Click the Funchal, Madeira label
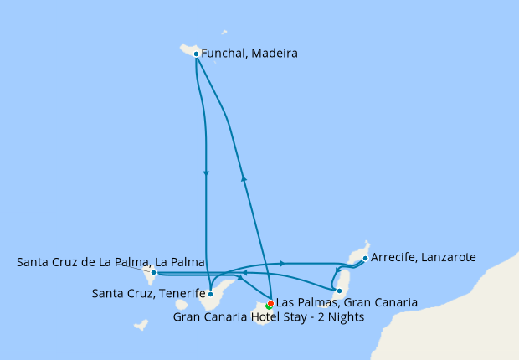point(249,53)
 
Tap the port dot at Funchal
point(196,54)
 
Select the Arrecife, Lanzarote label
point(423,257)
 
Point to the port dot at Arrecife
point(365,258)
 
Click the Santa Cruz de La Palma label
point(110,263)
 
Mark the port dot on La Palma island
point(153,272)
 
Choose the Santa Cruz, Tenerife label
point(148,293)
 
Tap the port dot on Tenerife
point(211,294)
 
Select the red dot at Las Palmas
point(270,303)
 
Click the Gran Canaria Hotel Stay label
point(268,316)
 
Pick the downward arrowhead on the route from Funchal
point(206,172)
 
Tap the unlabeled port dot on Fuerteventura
point(339,291)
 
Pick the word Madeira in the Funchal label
point(275,53)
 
